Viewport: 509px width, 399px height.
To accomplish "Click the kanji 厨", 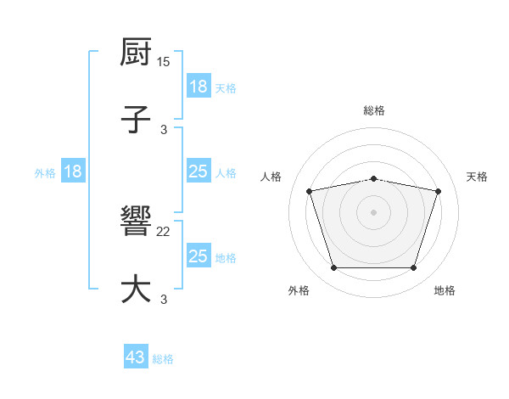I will (137, 53).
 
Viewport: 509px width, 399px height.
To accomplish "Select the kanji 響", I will (137, 223).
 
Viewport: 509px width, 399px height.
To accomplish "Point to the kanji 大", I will (137, 288).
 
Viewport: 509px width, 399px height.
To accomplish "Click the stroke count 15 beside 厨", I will (165, 63).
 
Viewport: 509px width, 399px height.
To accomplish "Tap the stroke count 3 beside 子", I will (164, 129).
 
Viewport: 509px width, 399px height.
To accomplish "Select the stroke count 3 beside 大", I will (164, 299).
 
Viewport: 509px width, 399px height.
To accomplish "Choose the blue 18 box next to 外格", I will (73, 171).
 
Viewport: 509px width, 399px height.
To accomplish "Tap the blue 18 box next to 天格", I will (199, 86).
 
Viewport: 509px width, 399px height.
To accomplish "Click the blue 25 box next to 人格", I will (199, 171).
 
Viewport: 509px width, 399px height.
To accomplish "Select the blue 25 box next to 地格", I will (199, 256).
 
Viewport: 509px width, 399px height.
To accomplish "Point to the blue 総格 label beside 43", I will (164, 359).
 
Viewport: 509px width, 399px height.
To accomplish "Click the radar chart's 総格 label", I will (374, 110).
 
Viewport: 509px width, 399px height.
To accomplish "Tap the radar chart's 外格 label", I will (299, 291).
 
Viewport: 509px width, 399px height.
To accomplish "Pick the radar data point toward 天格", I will (439, 191).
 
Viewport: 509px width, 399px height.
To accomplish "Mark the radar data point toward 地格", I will (413, 268).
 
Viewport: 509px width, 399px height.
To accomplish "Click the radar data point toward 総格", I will (374, 178).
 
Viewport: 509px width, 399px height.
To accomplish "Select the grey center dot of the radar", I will (374, 212).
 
